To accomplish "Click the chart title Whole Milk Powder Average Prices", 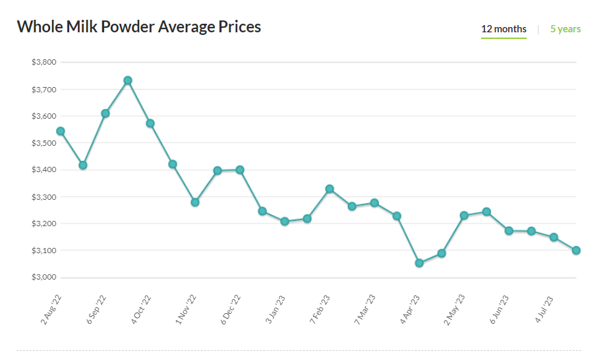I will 138,27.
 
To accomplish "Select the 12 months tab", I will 504,29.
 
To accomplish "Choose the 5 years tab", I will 565,29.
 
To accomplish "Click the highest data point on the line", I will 128,80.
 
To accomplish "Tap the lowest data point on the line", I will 419,263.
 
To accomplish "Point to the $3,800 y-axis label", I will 43,63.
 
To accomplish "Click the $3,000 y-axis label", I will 43,278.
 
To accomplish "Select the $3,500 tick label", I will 43,143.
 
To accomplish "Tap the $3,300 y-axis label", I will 43,197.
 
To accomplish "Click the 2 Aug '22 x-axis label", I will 51,309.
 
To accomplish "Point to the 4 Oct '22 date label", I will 141,309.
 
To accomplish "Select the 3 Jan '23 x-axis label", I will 275,309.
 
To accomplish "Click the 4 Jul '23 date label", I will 544,309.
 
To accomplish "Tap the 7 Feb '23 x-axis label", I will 320,309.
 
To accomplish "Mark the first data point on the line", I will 61,131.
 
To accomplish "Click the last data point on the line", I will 576,251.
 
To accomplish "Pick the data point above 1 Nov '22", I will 195,202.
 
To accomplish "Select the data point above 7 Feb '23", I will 330,189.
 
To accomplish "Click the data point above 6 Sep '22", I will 105,113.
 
